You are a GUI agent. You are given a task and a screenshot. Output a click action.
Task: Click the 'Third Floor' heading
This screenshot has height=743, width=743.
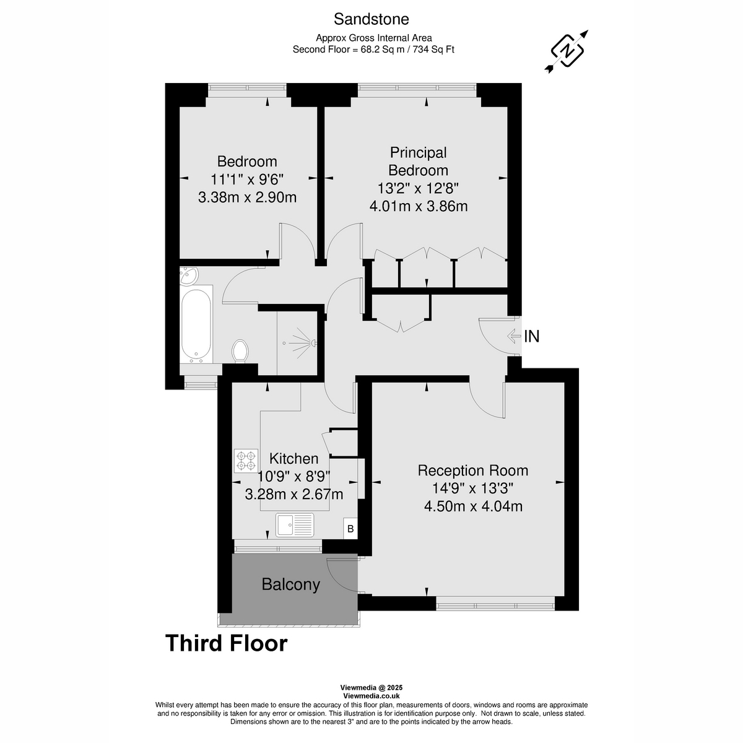click(226, 643)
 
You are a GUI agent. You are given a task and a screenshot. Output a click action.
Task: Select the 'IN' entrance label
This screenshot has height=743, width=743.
click(532, 336)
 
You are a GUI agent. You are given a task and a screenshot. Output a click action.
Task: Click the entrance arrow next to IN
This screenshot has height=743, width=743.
click(513, 336)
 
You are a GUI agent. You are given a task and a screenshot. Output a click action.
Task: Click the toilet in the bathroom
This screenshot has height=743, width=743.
click(240, 352)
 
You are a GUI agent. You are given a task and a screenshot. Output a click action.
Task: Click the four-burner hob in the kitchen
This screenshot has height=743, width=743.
click(246, 461)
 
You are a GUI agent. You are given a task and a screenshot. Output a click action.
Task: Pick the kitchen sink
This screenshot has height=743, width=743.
click(295, 525)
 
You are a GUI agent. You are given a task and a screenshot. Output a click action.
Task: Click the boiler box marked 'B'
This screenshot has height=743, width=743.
click(350, 529)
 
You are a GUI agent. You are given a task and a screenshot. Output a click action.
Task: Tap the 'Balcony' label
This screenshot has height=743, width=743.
click(290, 584)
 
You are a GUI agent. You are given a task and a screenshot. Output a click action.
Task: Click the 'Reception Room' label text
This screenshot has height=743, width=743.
click(472, 470)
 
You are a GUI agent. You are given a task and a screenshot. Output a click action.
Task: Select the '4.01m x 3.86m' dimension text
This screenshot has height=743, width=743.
click(418, 206)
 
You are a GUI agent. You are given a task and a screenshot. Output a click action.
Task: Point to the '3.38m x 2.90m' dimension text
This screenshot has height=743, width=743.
click(247, 198)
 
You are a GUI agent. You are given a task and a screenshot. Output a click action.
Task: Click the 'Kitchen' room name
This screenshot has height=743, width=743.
click(294, 459)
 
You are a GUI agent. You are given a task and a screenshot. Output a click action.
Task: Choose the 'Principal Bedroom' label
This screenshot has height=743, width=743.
click(418, 161)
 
